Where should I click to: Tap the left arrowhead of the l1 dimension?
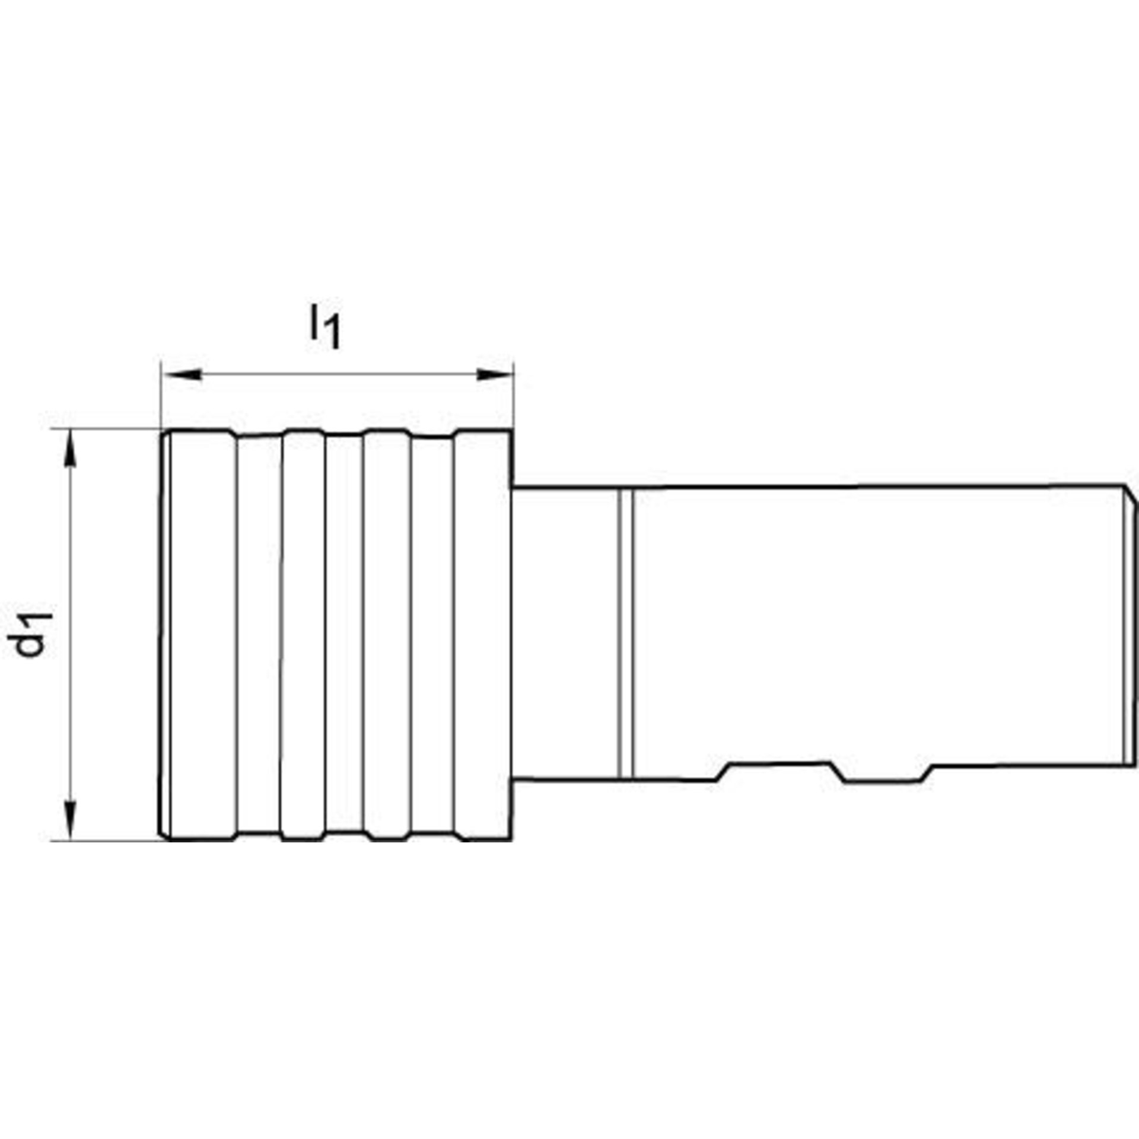pos(182,374)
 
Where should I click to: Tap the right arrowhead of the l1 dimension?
pos(495,374)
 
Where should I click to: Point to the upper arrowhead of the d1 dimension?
pos(70,449)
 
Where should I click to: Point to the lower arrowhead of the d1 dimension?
pos(70,820)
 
